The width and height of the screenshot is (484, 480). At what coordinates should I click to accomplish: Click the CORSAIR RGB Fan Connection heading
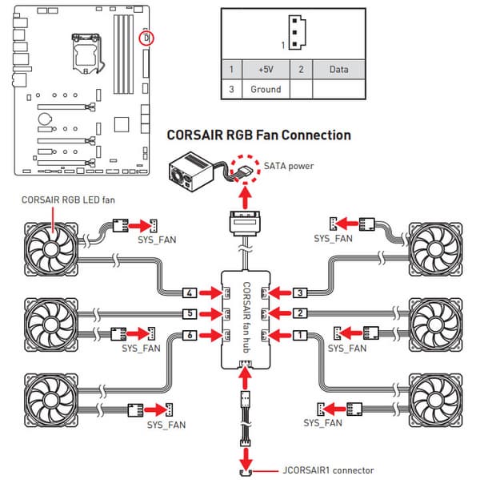point(258,135)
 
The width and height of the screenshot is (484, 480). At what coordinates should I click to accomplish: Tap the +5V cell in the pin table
point(265,69)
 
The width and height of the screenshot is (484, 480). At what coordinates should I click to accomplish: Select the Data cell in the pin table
point(338,69)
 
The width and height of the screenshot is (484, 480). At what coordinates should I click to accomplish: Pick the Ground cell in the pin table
point(265,89)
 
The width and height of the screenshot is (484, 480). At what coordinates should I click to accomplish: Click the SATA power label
point(289,166)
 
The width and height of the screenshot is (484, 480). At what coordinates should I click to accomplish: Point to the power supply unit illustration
point(190,171)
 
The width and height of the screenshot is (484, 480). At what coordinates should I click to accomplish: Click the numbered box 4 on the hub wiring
point(190,292)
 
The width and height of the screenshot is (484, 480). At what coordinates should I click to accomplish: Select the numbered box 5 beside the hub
point(190,313)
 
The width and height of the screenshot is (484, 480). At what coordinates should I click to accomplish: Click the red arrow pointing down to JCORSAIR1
point(246,458)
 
